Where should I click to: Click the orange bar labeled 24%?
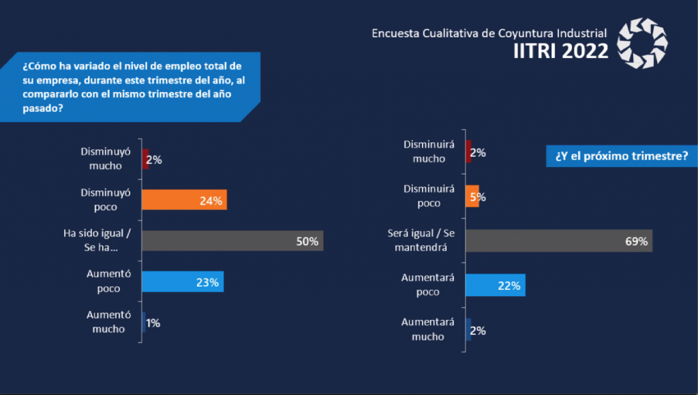tap(183, 200)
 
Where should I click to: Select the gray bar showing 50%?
tap(232, 241)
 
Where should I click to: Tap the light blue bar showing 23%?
tap(182, 282)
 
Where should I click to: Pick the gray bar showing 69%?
tap(559, 241)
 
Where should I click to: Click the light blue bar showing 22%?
tap(495, 286)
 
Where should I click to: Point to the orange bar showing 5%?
tap(472, 196)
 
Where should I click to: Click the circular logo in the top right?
tap(642, 44)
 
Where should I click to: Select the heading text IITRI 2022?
tap(560, 51)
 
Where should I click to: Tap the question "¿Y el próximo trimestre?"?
tap(621, 157)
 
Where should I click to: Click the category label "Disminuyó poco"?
tap(106, 200)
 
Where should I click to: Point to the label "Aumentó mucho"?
tap(106, 322)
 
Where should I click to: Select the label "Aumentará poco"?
tap(423, 285)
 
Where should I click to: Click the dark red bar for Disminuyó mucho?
tap(145, 159)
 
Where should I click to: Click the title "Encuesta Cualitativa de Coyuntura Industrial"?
tap(489, 33)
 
